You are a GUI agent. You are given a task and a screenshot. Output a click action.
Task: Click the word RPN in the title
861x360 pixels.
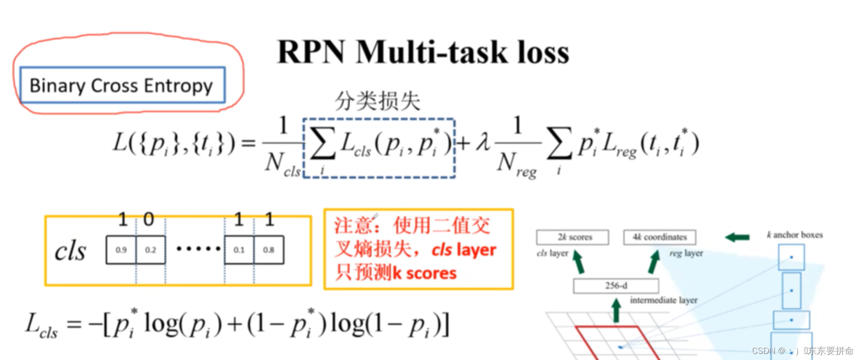point(311,52)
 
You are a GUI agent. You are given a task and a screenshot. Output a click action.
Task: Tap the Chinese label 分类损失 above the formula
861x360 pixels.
point(377,101)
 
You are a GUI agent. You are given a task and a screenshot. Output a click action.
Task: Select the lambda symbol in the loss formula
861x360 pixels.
point(483,142)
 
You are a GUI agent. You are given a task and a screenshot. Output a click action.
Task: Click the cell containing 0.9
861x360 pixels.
point(121,250)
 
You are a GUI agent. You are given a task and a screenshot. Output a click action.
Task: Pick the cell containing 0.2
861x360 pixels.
point(150,250)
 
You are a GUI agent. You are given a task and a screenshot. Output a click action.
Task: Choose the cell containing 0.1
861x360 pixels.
point(239,250)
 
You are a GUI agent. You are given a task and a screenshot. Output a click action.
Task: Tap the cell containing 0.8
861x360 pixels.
point(269,250)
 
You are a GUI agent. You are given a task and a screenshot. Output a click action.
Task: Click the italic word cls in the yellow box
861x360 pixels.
point(70,251)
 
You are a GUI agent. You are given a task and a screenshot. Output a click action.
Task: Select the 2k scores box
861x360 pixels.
point(572,237)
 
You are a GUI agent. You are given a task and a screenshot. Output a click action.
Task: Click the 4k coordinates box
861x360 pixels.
point(659,237)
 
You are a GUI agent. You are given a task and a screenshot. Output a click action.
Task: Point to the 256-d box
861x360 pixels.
point(616,285)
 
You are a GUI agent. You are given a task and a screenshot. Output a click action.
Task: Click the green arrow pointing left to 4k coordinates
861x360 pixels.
point(737,238)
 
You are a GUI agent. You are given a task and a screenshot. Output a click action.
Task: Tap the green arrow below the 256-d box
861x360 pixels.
point(616,310)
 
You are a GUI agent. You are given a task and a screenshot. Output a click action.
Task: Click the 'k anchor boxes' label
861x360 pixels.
point(794,235)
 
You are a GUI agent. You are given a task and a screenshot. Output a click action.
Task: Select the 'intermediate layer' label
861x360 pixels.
point(664,300)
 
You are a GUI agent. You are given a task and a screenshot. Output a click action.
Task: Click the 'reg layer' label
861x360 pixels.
point(686,253)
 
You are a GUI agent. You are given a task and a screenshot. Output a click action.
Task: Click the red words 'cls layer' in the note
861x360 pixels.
point(464,250)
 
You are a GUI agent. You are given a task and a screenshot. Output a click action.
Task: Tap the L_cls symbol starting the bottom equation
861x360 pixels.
point(41,325)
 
